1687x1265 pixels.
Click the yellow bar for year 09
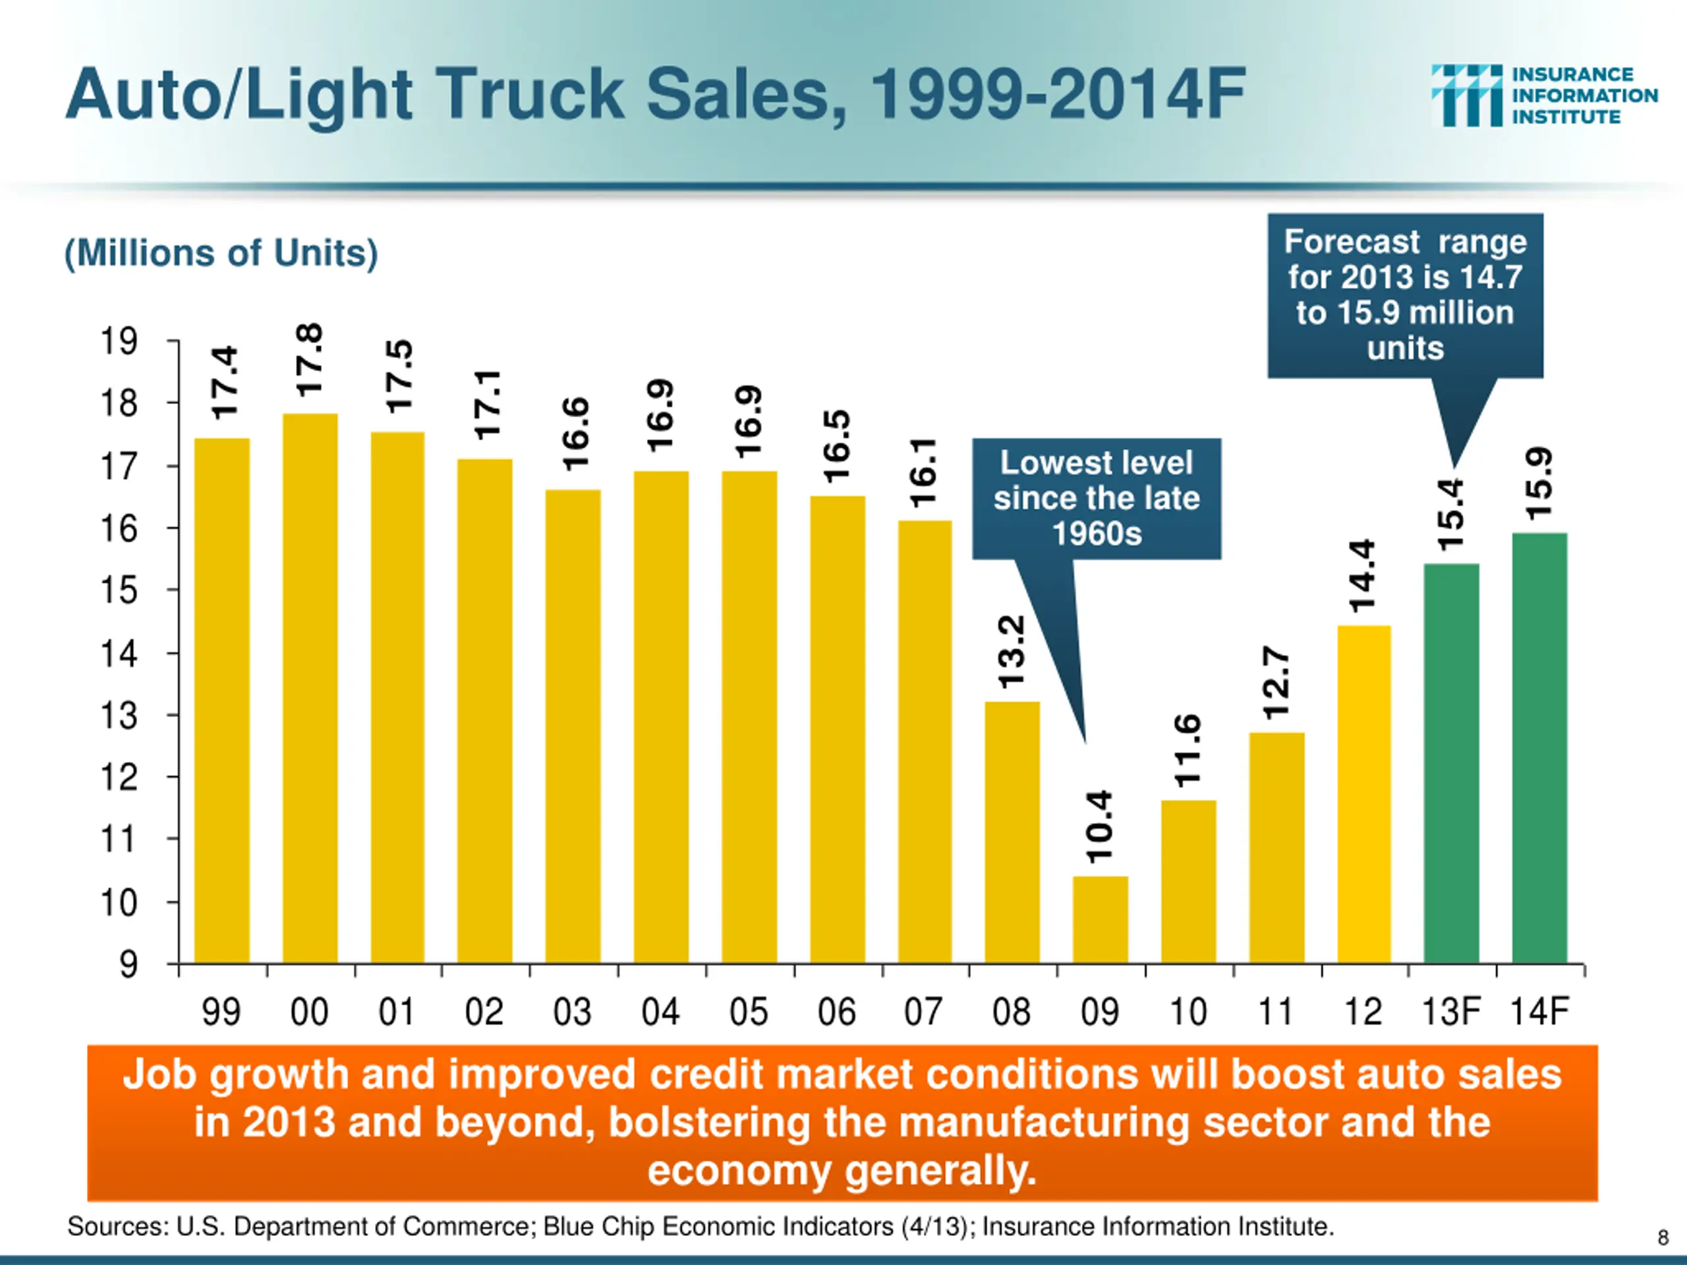tap(1100, 920)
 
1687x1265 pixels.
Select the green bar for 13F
tap(1450, 762)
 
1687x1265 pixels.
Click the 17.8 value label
tap(310, 360)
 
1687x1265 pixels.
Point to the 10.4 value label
tap(1100, 827)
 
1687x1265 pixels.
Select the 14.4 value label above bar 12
tap(1363, 576)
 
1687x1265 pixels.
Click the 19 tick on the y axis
tap(119, 341)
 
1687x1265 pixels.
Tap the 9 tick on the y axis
tap(128, 965)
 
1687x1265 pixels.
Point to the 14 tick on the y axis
tap(119, 654)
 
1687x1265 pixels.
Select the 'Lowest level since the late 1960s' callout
tap(1096, 498)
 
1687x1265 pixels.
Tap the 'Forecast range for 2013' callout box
tap(1405, 295)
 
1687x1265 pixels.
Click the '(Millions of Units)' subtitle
tap(221, 253)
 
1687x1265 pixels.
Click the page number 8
tap(1663, 1237)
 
